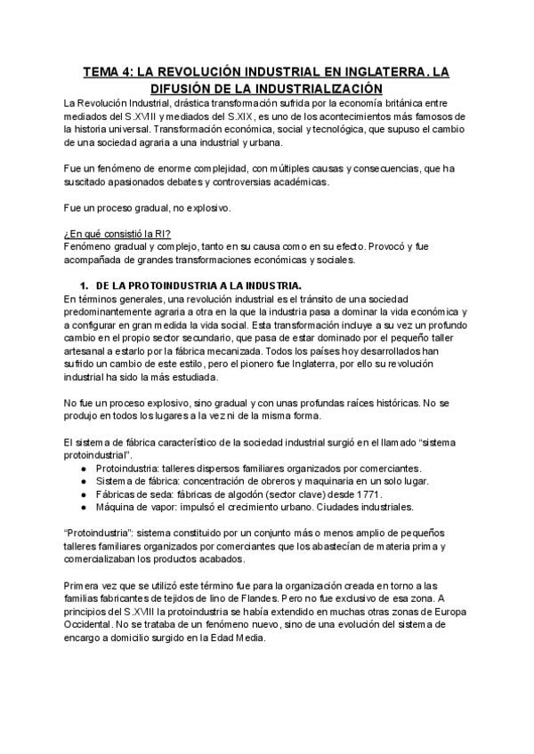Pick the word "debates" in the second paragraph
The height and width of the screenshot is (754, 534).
click(231, 181)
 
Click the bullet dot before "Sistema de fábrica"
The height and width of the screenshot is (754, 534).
click(85, 481)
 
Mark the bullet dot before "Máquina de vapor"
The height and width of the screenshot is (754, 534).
click(85, 507)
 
